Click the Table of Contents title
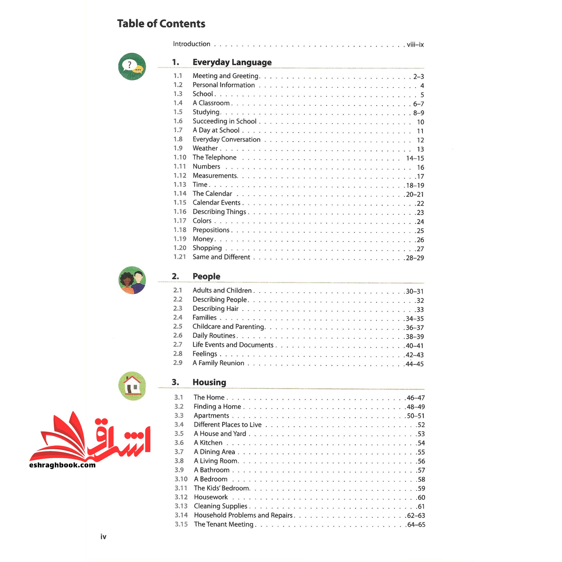161,24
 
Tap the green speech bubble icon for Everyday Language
132,67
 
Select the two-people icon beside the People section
132,280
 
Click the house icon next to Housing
132,386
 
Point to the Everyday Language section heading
232,62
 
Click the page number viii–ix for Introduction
415,44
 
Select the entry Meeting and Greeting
225,76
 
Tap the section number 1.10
180,157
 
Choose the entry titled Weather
205,148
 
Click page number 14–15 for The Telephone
415,158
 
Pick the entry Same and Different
221,257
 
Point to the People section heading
206,276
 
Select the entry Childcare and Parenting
228,327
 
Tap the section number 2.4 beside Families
178,317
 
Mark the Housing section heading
209,382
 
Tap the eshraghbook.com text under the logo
62,465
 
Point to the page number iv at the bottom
103,537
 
